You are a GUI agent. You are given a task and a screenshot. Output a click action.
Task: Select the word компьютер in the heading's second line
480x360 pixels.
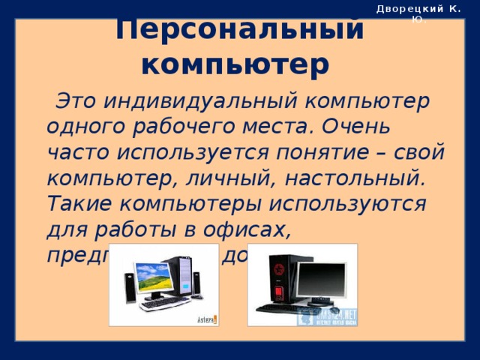[235, 65]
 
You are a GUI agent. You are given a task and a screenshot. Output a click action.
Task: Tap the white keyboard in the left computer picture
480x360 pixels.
[165, 304]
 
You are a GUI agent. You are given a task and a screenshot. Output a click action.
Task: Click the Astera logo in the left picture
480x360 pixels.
[206, 319]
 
